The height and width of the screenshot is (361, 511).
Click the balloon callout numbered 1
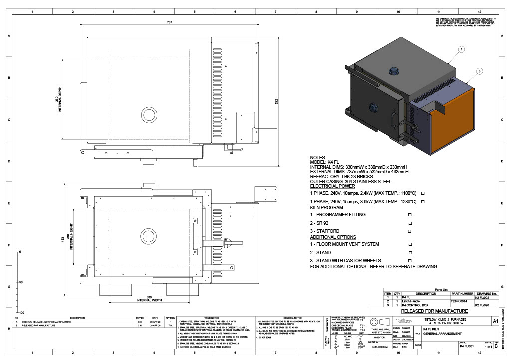[x=461, y=49]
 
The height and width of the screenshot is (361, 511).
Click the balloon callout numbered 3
[x=480, y=71]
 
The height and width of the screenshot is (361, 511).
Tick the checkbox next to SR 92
[x=410, y=223]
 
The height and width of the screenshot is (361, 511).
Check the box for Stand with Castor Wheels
[x=410, y=261]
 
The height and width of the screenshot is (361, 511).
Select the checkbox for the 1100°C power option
[x=423, y=193]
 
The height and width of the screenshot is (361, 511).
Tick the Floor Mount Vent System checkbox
[x=410, y=244]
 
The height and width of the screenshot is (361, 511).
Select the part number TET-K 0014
[x=459, y=301]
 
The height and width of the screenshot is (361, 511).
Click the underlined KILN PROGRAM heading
[x=326, y=207]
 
